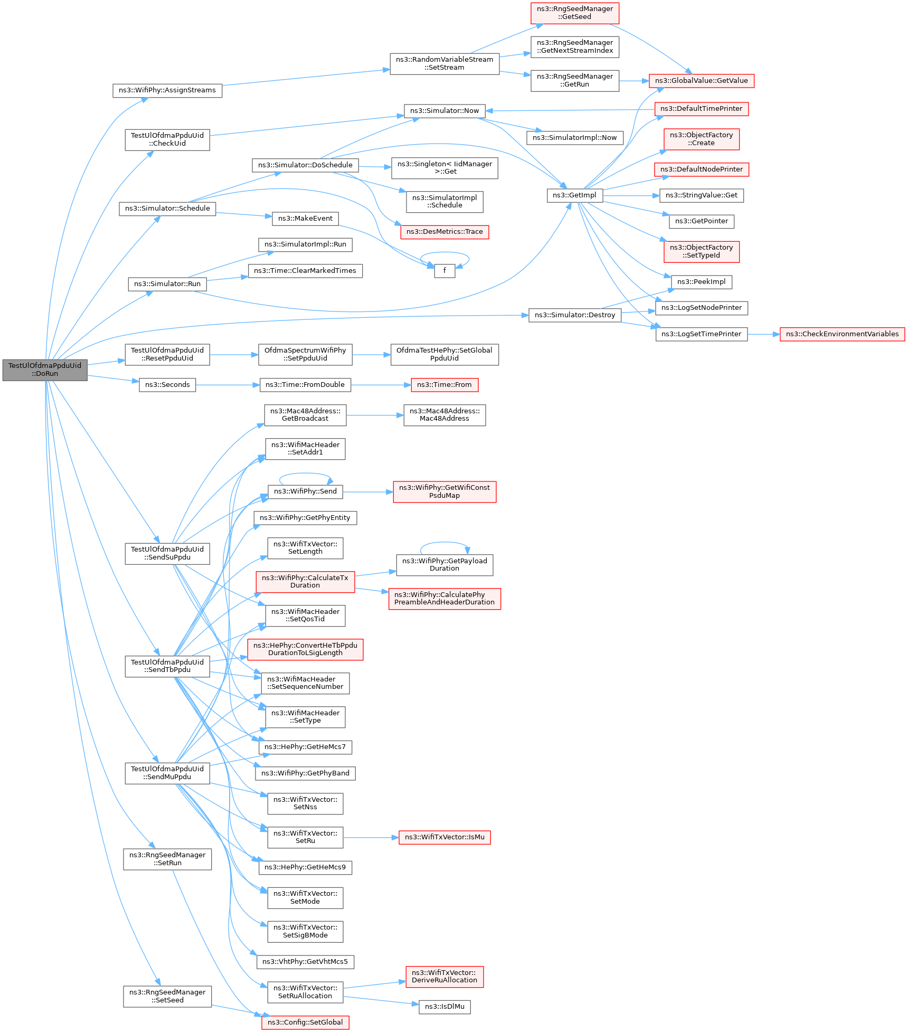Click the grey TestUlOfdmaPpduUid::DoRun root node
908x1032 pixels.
coord(45,370)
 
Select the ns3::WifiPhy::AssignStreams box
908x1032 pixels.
coord(167,90)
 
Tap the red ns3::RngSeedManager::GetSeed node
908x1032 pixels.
coord(575,13)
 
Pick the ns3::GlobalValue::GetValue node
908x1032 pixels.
coord(702,81)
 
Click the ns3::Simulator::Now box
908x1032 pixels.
coord(444,111)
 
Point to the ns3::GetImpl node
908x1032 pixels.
coord(574,195)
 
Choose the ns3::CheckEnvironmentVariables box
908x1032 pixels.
coord(842,334)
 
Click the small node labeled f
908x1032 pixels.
coord(444,271)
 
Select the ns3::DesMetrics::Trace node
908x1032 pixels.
coord(444,232)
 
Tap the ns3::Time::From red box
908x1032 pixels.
coord(444,385)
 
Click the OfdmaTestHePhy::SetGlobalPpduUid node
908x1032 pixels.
coord(444,354)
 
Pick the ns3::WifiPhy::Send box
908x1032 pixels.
coord(305,491)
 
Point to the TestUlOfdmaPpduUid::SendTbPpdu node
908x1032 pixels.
coord(167,666)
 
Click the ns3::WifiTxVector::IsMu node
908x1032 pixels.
coord(444,837)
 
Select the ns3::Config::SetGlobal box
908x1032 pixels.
coord(305,1022)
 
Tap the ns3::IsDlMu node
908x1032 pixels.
coord(444,1007)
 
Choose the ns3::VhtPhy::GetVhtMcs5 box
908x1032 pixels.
coord(305,962)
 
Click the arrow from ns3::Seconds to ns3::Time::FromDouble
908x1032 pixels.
coord(228,385)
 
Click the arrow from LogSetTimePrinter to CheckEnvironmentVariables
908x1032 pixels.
coord(764,334)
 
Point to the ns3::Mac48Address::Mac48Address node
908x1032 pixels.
coord(444,415)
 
